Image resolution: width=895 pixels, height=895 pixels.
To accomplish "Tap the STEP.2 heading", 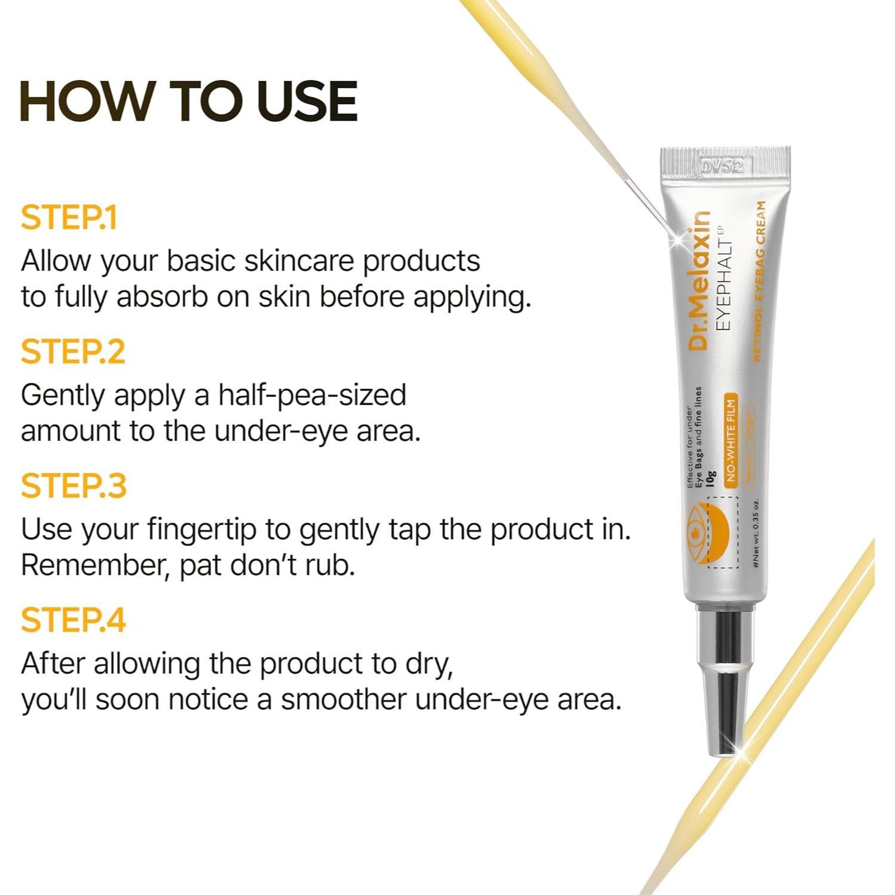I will [73, 352].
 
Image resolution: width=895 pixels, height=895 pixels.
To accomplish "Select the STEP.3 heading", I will [73, 486].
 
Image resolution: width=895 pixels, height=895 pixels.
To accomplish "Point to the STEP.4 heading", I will [73, 621].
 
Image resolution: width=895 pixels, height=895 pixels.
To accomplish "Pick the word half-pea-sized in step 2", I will [311, 395].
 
